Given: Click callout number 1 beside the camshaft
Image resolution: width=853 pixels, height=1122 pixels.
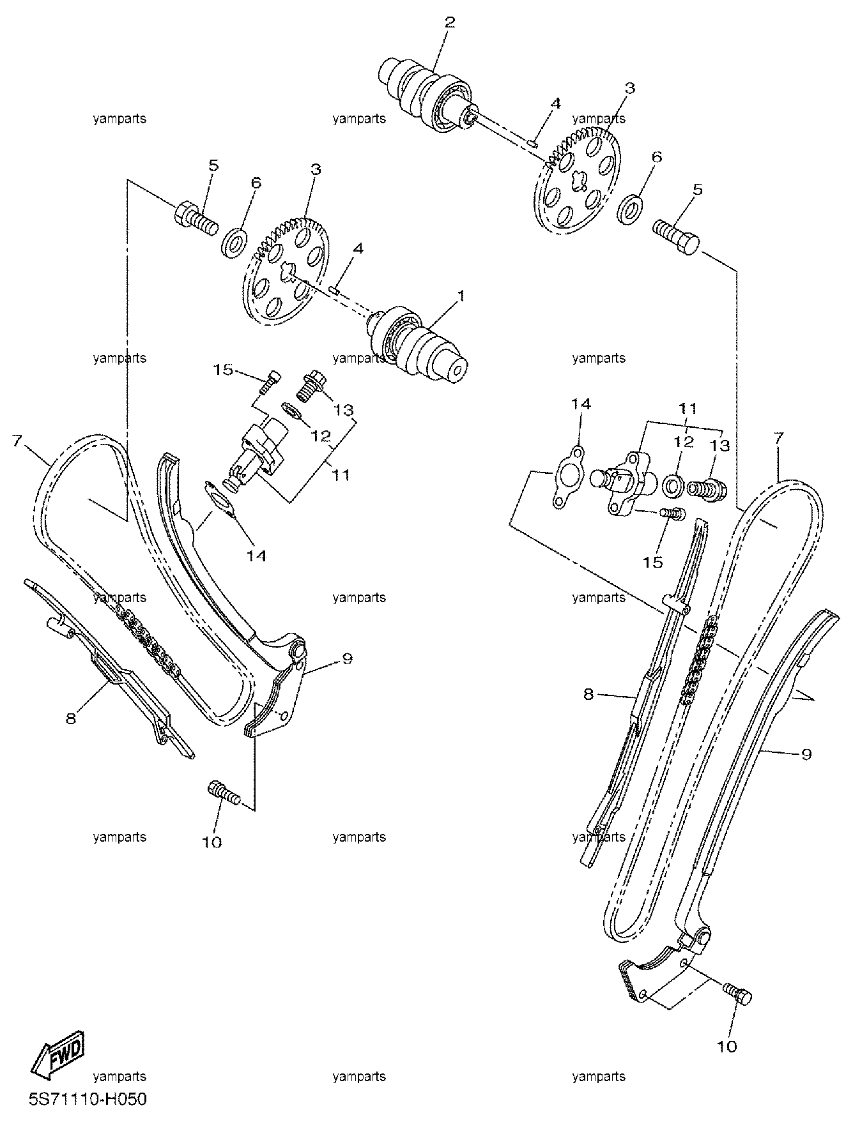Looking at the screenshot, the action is pyautogui.click(x=461, y=296).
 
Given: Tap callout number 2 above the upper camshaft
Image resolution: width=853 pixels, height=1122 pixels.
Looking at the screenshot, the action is pyautogui.click(x=450, y=23).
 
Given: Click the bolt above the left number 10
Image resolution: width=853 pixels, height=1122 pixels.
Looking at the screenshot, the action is pyautogui.click(x=224, y=794).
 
